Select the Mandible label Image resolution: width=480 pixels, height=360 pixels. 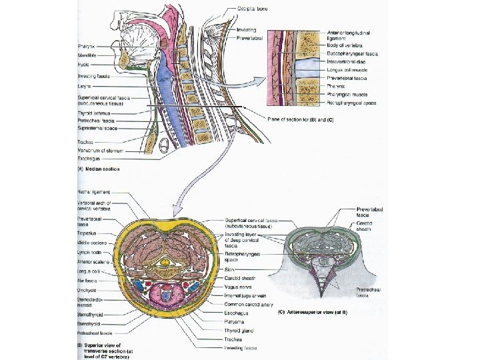tap(87, 55)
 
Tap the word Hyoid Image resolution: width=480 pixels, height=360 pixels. tap(83, 65)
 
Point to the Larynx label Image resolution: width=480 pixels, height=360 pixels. tap(84, 85)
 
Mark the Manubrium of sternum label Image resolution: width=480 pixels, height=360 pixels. tap(99, 151)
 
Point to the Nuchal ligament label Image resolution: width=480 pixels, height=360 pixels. tap(94, 193)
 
